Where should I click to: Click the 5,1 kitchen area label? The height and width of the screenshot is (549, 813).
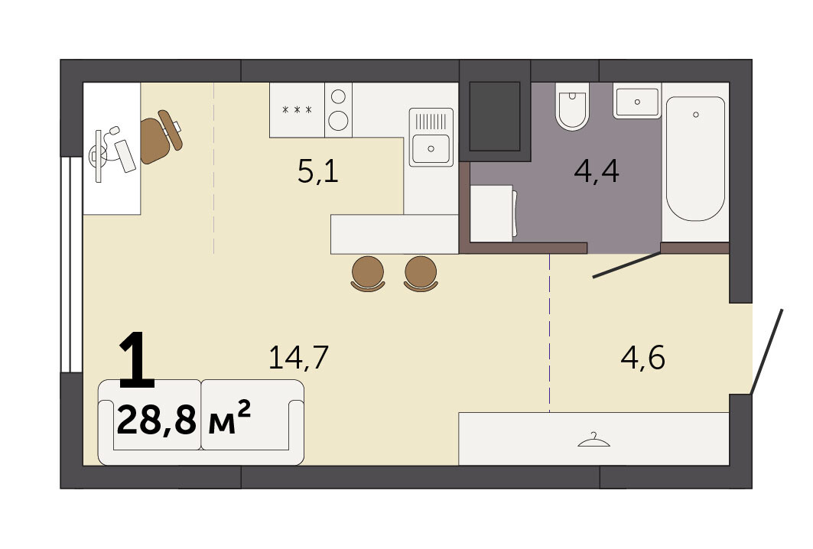tap(318, 171)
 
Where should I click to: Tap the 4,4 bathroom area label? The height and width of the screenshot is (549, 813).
tap(597, 171)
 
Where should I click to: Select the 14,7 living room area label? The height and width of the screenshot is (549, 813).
tap(298, 357)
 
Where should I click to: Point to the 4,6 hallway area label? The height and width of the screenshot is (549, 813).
tap(643, 357)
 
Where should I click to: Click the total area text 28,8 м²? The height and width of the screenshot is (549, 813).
tap(184, 419)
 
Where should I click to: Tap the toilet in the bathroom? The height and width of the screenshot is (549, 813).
tap(572, 106)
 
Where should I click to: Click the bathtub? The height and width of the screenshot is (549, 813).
tap(695, 158)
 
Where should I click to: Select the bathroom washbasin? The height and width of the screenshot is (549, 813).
tap(637, 101)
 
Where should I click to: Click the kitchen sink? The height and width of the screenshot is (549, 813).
tap(431, 138)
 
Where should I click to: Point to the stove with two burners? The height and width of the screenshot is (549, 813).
tap(339, 110)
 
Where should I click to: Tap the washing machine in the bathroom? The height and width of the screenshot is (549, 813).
tap(493, 213)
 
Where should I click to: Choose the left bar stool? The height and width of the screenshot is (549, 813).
tap(368, 274)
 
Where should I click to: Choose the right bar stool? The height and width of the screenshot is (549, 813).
tap(421, 274)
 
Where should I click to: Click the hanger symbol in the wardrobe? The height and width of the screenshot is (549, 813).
tap(593, 440)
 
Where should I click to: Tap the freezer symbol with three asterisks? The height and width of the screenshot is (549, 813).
tap(297, 110)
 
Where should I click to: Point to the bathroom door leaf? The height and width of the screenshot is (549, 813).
tap(627, 265)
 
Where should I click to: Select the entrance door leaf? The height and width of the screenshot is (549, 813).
tap(767, 352)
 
